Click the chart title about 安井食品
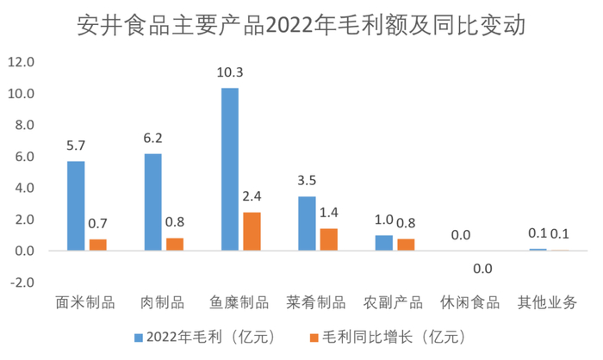pyautogui.click(x=301, y=23)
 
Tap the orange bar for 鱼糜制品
pyautogui.click(x=251, y=232)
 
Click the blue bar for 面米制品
pyautogui.click(x=76, y=206)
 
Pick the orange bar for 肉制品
pyautogui.click(x=174, y=244)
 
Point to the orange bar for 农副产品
pyautogui.click(x=405, y=245)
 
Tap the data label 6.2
pyautogui.click(x=152, y=137)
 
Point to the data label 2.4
pyautogui.click(x=251, y=196)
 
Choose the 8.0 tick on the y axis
pyautogui.click(x=22, y=125)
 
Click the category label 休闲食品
pyautogui.click(x=470, y=302)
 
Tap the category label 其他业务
pyautogui.click(x=547, y=302)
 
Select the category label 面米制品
pyautogui.click(x=85, y=302)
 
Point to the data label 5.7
pyautogui.click(x=76, y=145)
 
